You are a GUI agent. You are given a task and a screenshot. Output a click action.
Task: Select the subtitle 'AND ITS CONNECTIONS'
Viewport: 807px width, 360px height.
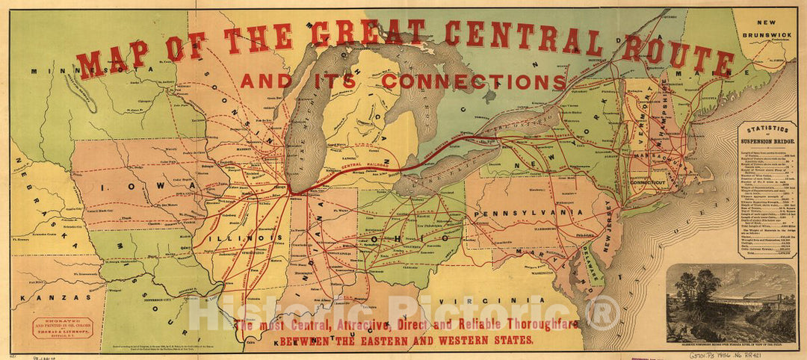click(403, 80)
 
